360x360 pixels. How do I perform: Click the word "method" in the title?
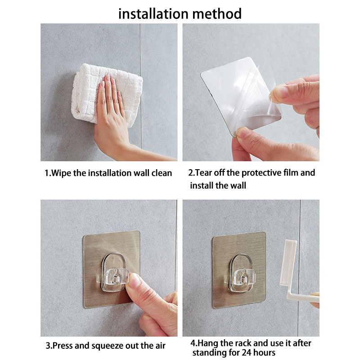click(x=217, y=13)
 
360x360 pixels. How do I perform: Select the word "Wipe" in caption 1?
click(x=61, y=173)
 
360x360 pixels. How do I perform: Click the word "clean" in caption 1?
click(x=162, y=173)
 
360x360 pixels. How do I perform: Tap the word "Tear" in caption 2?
click(x=204, y=173)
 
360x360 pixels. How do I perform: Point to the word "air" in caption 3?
click(x=160, y=346)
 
